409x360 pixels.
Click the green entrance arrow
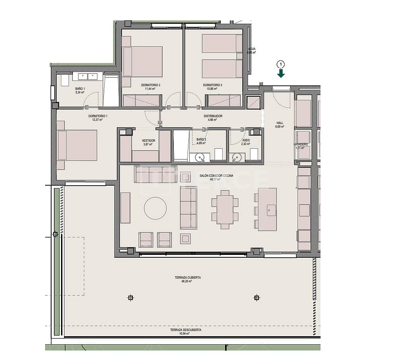[281, 73]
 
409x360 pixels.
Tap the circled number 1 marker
[281, 64]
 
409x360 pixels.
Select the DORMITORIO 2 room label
[151, 85]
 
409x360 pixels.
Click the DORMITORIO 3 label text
[212, 85]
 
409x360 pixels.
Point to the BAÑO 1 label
[80, 89]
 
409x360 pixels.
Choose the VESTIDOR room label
[149, 141]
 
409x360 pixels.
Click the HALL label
[280, 123]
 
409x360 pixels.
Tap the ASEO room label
[246, 141]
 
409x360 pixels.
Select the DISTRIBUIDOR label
[213, 116]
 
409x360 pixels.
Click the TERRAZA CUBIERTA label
[188, 277]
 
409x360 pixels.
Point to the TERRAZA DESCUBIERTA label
[186, 330]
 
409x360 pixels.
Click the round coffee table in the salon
[155, 208]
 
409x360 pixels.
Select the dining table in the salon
[225, 209]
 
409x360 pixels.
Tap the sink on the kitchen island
[271, 210]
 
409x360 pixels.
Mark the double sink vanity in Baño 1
[87, 76]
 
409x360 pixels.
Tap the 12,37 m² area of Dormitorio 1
[98, 120]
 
